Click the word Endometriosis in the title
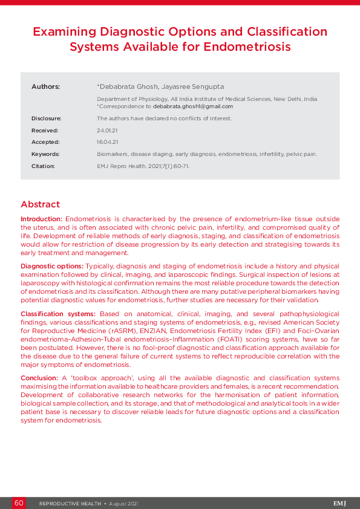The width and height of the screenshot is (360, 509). tap(248, 46)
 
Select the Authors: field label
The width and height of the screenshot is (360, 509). tap(45, 87)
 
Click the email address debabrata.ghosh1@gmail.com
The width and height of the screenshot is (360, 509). tap(193, 106)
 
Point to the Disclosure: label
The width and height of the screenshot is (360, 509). tap(47, 118)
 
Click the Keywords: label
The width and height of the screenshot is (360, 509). tap(45, 154)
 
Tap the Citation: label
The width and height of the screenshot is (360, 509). tap(43, 166)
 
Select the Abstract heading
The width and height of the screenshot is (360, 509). tap(41, 204)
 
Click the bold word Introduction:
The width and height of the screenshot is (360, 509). tap(41, 218)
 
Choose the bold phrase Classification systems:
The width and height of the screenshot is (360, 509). tap(58, 314)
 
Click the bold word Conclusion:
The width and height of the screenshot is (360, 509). tap(39, 378)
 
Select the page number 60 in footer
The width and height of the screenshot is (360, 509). tap(19, 503)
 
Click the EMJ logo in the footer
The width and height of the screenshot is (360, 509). tap(339, 503)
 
